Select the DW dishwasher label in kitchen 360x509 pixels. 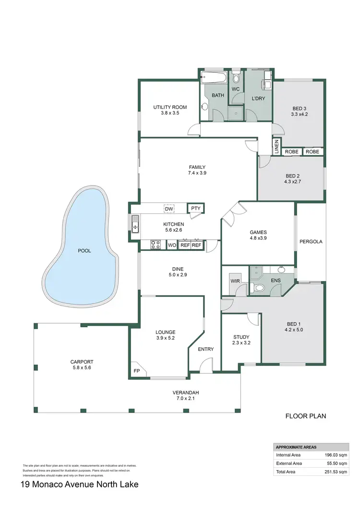[168, 209]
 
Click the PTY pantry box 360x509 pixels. [195, 208]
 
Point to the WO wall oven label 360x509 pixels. [172, 245]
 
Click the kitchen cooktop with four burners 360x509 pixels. [156, 245]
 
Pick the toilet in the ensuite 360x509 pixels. [259, 288]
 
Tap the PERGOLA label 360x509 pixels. [311, 242]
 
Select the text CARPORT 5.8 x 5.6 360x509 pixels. [81, 365]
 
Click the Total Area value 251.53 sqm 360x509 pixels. [334, 472]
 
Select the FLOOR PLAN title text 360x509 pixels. [305, 416]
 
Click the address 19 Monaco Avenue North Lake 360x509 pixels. [79, 485]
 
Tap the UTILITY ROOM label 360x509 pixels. [170, 110]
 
